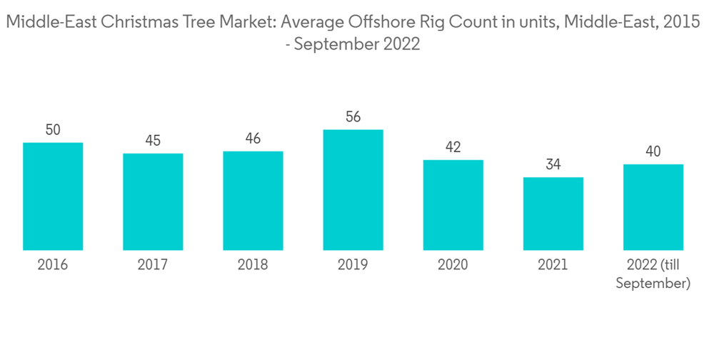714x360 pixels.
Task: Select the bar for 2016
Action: pos(53,196)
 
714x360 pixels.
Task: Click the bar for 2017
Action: pos(153,201)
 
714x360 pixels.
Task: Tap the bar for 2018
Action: pos(253,201)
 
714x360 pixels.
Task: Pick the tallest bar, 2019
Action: pos(353,190)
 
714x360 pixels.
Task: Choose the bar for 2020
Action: pos(453,205)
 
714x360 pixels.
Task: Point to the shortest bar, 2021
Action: pos(553,214)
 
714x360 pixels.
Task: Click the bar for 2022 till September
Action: pos(653,207)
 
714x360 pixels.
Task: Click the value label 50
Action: pos(53,130)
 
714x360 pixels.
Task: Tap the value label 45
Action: pos(153,141)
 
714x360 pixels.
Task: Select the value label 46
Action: pos(253,139)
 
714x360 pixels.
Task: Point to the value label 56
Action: pos(353,117)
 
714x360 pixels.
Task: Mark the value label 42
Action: pos(453,147)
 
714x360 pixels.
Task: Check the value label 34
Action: pos(553,165)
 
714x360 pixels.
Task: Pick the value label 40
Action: pos(653,151)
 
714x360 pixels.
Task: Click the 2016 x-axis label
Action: pos(53,265)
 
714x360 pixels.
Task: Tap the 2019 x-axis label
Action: pos(353,265)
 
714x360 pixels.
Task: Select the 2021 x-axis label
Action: pos(553,265)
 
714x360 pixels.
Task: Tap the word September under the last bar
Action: pos(653,284)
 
